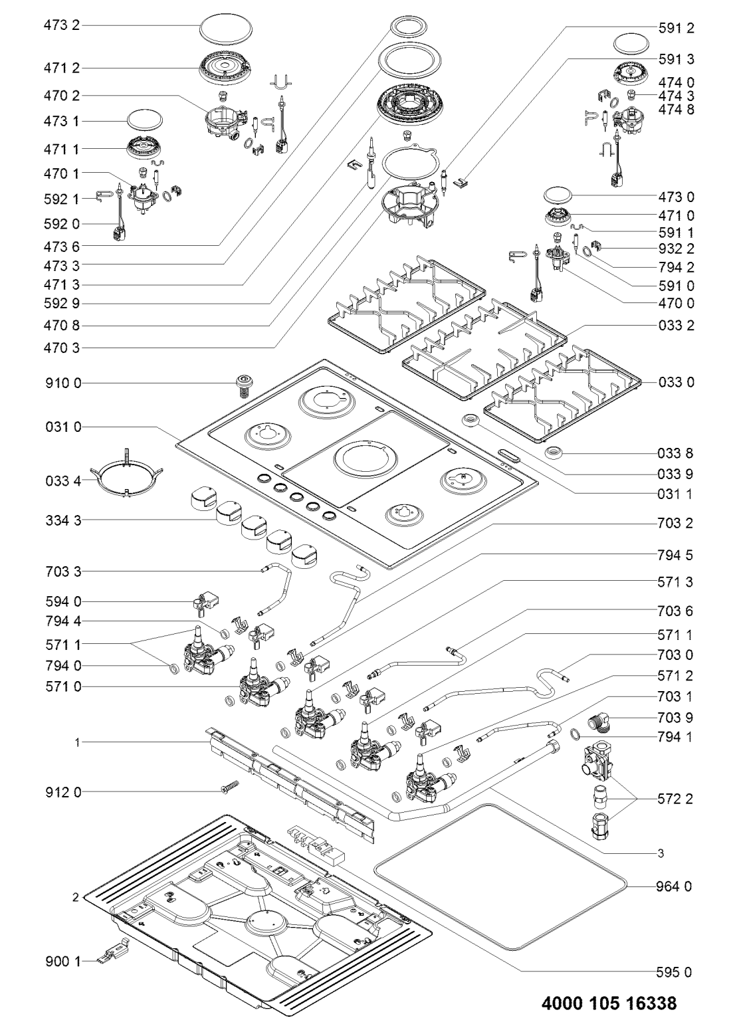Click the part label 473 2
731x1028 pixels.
click(61, 27)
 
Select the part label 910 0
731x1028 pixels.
click(61, 384)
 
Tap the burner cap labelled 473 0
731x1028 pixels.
click(562, 195)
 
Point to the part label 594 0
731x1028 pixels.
click(61, 601)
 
